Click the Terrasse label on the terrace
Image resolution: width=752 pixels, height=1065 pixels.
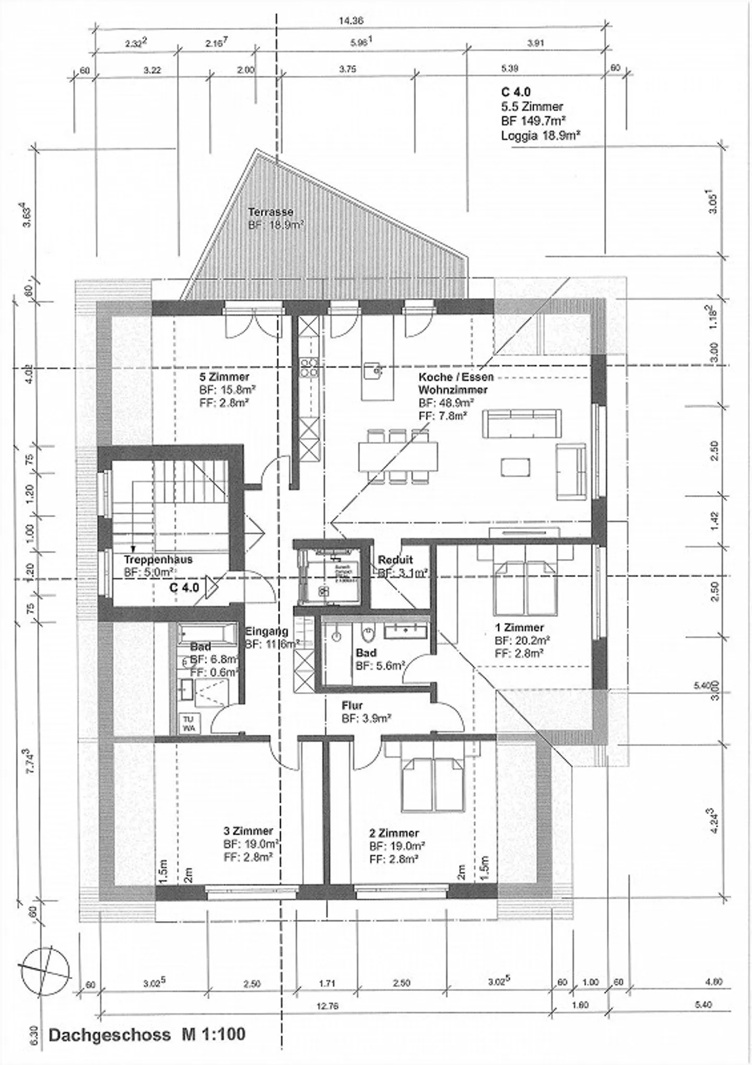(x=270, y=212)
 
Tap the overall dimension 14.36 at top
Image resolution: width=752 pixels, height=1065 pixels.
(x=350, y=21)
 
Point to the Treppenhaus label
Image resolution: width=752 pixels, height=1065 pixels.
(x=158, y=559)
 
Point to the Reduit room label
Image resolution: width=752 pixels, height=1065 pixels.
(x=395, y=560)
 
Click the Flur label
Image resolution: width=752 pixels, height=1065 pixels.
(x=352, y=706)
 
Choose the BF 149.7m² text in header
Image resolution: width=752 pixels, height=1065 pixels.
(x=534, y=121)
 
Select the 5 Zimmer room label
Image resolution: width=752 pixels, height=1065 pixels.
(x=224, y=377)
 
